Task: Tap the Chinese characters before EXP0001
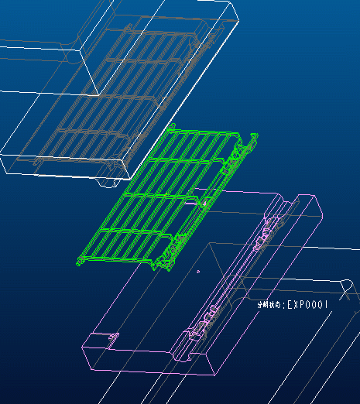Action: [x=270, y=305]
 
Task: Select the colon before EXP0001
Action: [x=284, y=305]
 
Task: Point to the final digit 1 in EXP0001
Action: [x=328, y=305]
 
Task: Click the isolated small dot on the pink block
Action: [x=199, y=272]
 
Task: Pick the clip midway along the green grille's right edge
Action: [x=205, y=200]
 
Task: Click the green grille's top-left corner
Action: [x=169, y=126]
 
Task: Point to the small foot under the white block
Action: [x=105, y=183]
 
